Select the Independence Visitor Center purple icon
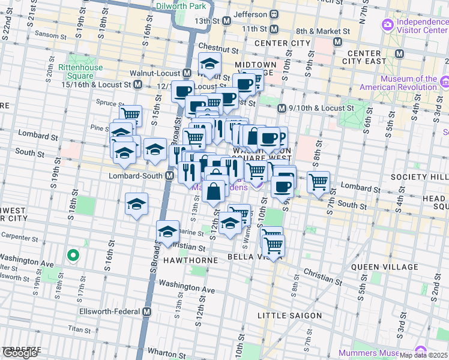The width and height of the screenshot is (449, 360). coord(388,25)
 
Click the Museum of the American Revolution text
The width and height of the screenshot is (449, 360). coord(406,83)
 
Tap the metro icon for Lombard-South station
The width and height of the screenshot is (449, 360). coord(170,176)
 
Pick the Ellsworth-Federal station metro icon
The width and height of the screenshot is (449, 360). coord(146,312)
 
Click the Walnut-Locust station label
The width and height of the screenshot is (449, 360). coord(155,73)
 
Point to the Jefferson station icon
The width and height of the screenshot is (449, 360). coord(274,14)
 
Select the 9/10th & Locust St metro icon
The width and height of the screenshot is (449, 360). coord(280,109)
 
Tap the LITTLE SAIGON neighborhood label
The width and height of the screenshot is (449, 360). coord(289,316)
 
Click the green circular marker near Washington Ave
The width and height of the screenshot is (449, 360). coord(73,256)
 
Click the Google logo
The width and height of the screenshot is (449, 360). coord(20,353)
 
